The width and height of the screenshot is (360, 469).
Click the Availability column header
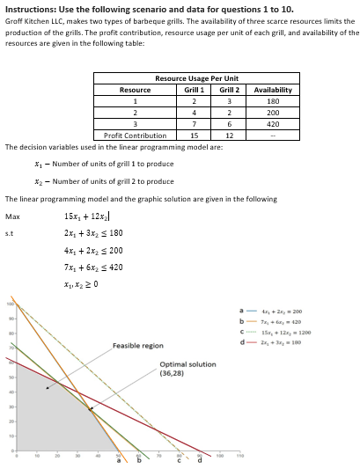pos(272,90)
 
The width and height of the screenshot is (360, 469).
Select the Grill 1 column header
pos(194,90)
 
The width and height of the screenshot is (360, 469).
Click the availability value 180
pos(272,101)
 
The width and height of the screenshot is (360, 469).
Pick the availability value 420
pos(272,124)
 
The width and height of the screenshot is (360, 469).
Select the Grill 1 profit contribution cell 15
pos(194,136)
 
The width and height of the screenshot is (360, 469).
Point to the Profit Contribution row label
pos(135,136)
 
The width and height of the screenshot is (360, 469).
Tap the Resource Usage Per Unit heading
pos(196,78)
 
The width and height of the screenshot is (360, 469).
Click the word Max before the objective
pos(12,216)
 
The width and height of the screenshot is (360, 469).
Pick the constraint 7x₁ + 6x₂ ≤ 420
pos(94,267)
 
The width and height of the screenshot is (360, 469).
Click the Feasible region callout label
pos(137,346)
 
